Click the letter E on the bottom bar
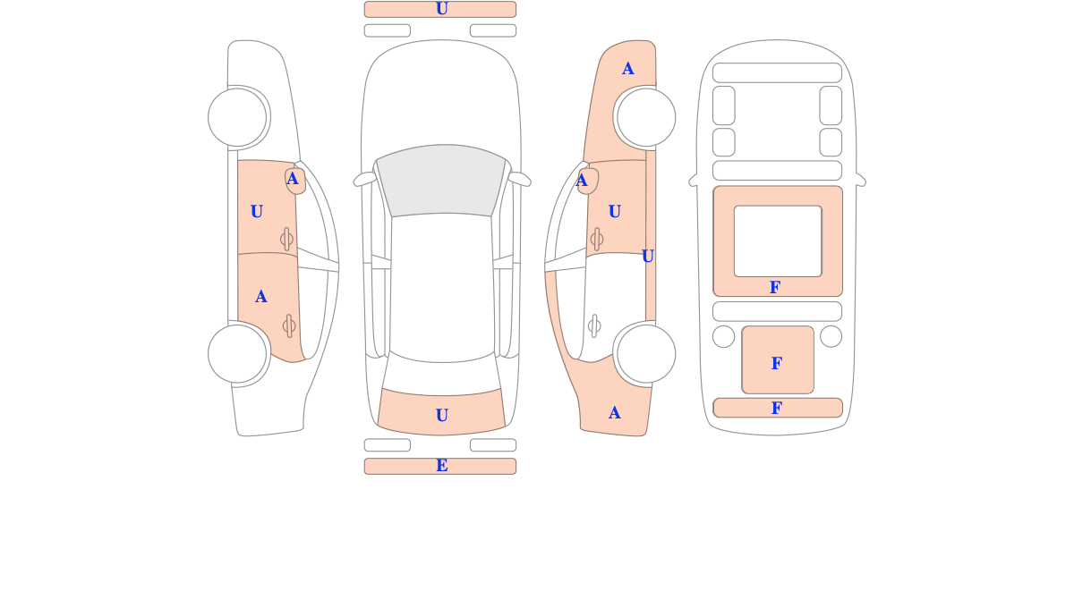click(441, 465)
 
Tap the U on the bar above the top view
click(441, 9)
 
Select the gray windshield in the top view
click(441, 180)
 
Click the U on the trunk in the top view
click(441, 415)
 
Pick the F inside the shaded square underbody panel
click(777, 363)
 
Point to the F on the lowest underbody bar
click(777, 408)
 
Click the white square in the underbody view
click(778, 241)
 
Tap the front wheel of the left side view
click(237, 117)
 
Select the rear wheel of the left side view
click(237, 354)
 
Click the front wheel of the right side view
click(646, 117)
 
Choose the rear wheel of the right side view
click(646, 354)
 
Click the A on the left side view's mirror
click(293, 179)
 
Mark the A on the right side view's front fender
click(628, 69)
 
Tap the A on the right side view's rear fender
click(615, 412)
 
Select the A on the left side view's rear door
click(260, 297)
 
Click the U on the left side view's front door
click(257, 211)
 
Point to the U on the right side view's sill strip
click(647, 257)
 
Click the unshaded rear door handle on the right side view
click(594, 325)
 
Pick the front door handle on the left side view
click(286, 239)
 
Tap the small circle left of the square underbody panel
click(723, 336)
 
